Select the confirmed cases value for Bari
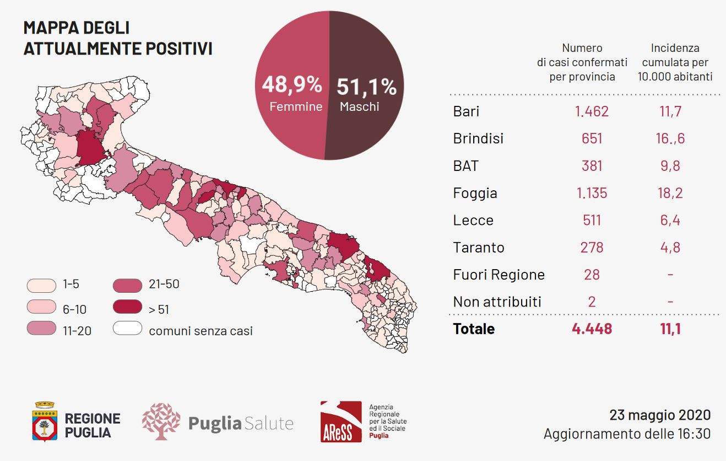(x=592, y=111)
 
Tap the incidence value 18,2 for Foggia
(x=670, y=193)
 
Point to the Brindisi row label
(x=478, y=138)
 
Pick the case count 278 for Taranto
(x=592, y=248)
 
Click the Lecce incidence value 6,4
(x=670, y=220)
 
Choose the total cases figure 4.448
(x=592, y=329)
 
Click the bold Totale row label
(x=474, y=329)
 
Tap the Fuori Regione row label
(x=499, y=275)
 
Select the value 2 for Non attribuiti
(x=592, y=302)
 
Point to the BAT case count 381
(x=592, y=166)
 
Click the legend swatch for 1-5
(x=41, y=286)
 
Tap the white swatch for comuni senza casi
(x=127, y=328)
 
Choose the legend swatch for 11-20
(x=41, y=328)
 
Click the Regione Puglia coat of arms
(x=45, y=422)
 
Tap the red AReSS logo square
(x=341, y=422)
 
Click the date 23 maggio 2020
(x=660, y=415)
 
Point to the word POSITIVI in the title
(x=179, y=49)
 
